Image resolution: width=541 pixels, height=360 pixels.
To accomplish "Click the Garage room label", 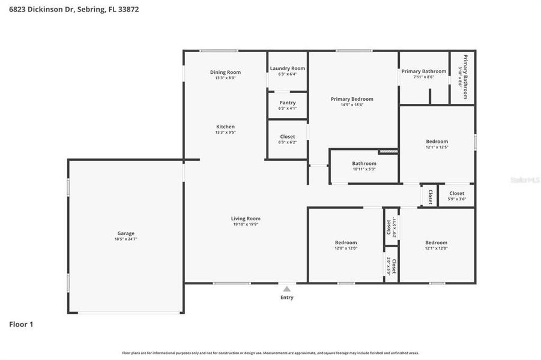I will [x=125, y=233].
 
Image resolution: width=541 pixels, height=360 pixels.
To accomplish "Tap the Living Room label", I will [x=246, y=219].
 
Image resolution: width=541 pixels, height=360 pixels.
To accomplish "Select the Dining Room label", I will [x=225, y=73].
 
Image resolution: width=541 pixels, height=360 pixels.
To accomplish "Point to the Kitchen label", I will [x=225, y=127].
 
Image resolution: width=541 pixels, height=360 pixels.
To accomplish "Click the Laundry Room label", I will [x=287, y=68].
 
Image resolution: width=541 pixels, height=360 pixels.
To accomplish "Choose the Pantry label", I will [x=287, y=103].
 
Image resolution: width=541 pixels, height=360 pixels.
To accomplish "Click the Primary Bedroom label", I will [x=352, y=99].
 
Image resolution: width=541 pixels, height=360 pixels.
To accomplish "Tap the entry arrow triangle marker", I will [x=287, y=289].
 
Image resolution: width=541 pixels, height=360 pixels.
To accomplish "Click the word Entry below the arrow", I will [x=287, y=298].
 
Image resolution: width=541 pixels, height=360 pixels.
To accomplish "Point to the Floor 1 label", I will [x=21, y=325].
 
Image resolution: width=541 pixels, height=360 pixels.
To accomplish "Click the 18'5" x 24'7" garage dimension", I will [x=125, y=239].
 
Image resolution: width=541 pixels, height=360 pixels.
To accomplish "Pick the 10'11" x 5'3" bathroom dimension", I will [x=364, y=169].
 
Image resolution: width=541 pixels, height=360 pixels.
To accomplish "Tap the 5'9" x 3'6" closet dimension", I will [x=456, y=199].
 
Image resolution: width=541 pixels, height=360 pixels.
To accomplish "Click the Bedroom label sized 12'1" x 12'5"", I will [x=437, y=142].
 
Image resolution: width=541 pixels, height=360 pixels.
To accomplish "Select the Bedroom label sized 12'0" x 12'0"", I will [x=346, y=242].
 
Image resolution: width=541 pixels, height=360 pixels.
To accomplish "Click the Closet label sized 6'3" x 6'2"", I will [x=287, y=137].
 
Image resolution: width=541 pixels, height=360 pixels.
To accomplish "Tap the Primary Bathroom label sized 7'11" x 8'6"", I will [x=423, y=71].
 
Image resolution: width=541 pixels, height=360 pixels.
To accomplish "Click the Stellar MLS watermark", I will [x=524, y=179].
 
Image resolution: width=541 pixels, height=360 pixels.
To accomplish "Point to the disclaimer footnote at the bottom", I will [x=270, y=353].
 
